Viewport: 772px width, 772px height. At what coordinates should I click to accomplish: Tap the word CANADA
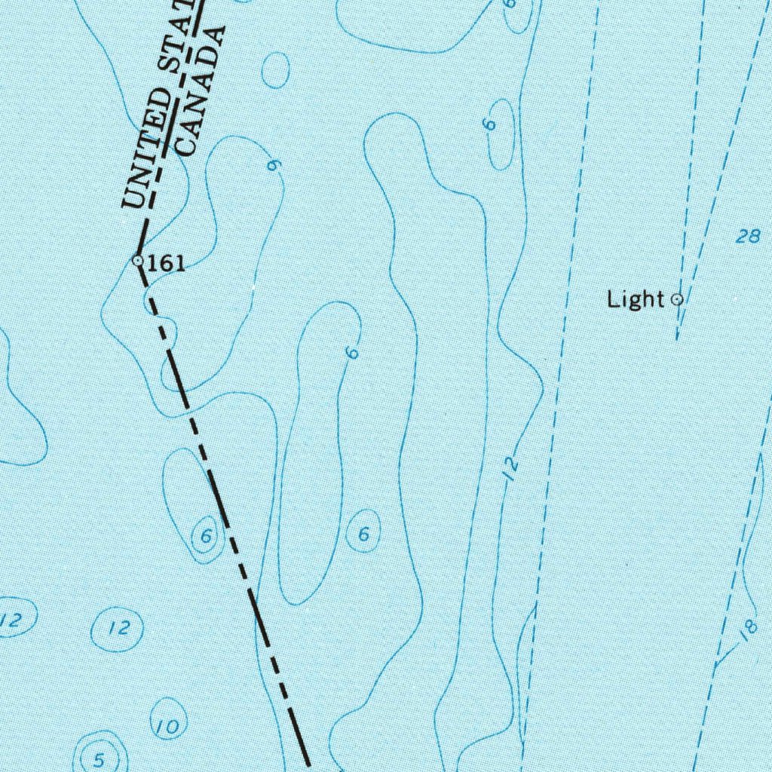[199, 90]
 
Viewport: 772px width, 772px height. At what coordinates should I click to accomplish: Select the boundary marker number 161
[167, 263]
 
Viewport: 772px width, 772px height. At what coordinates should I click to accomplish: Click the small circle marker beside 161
[138, 261]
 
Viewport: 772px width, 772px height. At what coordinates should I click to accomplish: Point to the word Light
[636, 299]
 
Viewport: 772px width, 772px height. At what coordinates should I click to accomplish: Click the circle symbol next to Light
[677, 299]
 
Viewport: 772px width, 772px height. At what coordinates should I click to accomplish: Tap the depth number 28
[747, 237]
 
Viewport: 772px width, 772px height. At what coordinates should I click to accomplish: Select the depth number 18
[747, 630]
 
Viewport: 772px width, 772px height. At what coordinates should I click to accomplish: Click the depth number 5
[99, 760]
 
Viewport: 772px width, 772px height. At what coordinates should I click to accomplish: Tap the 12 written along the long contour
[512, 469]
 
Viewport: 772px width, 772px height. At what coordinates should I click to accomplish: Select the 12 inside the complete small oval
[119, 627]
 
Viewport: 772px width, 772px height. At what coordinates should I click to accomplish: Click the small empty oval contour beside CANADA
[276, 69]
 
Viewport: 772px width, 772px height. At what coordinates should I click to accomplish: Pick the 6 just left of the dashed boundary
[205, 536]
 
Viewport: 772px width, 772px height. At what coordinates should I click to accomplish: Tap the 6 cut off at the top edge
[510, 4]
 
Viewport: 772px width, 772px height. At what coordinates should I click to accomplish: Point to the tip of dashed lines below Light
[676, 338]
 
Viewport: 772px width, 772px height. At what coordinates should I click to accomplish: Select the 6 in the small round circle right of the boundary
[363, 534]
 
